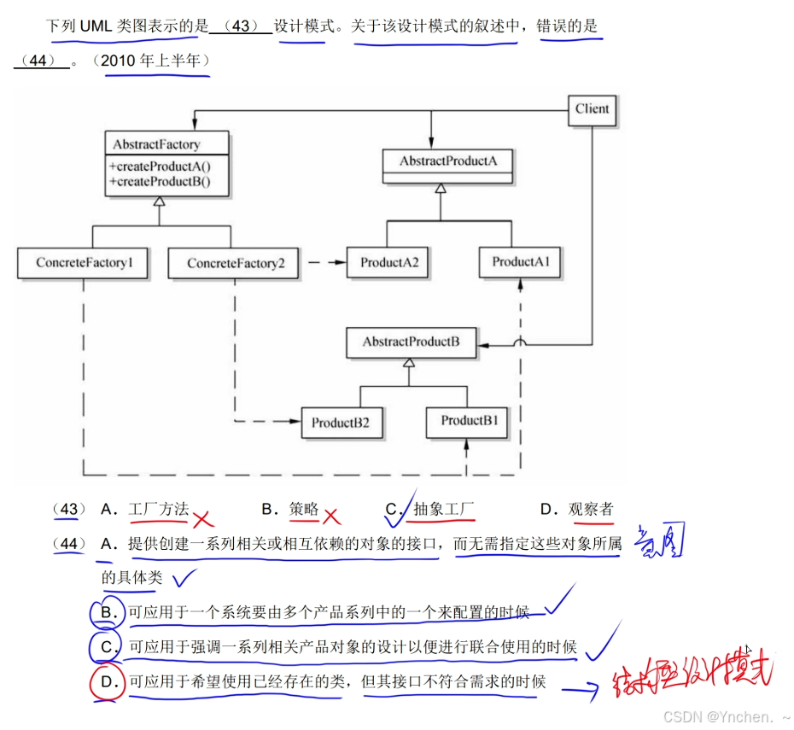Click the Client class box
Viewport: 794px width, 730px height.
pos(592,109)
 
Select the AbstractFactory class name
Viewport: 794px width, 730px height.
pos(157,145)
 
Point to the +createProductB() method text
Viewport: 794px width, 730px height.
pos(160,181)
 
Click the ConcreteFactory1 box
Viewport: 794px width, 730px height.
pos(84,263)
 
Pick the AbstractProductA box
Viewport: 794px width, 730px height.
pos(448,161)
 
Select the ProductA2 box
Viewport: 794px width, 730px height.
pos(388,263)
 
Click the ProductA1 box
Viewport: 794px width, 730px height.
pos(520,262)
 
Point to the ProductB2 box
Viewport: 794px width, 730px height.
pos(340,423)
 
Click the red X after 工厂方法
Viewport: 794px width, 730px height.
pos(203,518)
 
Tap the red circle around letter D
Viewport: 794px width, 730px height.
pos(107,682)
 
